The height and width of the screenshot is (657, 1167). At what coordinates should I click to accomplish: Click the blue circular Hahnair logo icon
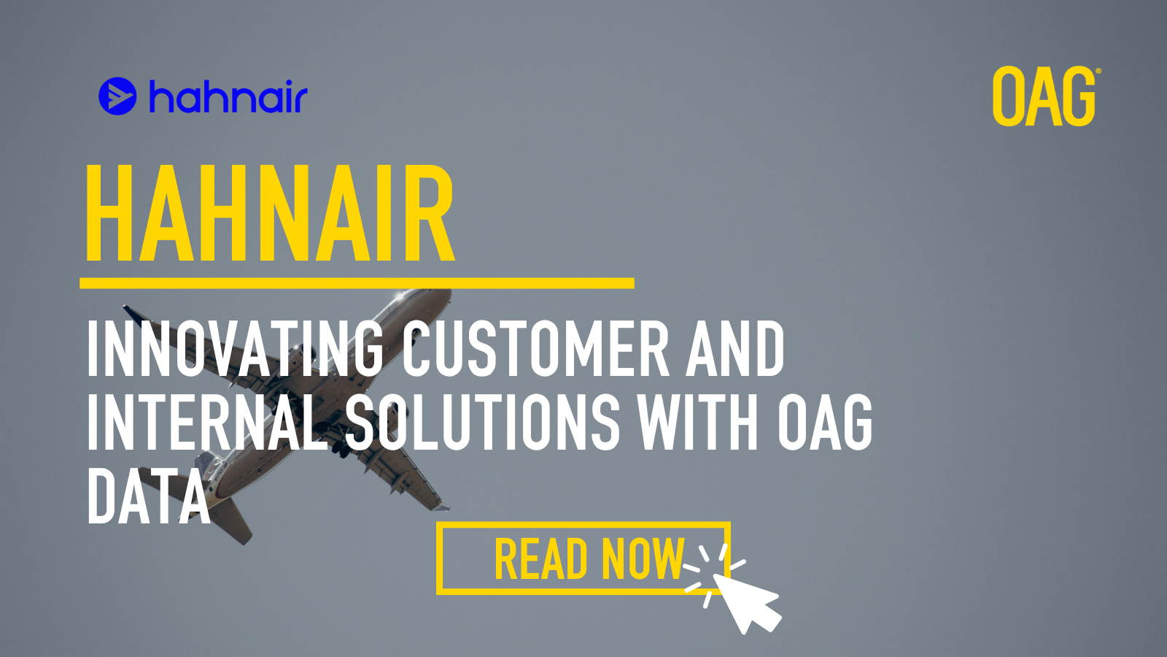point(117,96)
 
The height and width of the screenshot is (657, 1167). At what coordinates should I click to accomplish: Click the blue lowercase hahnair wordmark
point(229,96)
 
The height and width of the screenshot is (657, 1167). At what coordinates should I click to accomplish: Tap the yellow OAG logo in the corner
point(1044,96)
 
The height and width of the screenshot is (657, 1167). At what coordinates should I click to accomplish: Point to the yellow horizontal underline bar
point(357,283)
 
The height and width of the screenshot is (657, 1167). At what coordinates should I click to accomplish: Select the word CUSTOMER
point(536,347)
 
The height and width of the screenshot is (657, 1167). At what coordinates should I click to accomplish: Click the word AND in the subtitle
point(735,347)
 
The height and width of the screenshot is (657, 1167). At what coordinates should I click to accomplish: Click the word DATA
point(149,496)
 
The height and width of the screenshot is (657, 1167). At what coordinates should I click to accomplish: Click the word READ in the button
point(540,558)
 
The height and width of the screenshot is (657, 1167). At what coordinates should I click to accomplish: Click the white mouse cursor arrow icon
point(746,603)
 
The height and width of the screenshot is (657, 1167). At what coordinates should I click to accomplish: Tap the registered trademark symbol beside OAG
point(1098,71)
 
